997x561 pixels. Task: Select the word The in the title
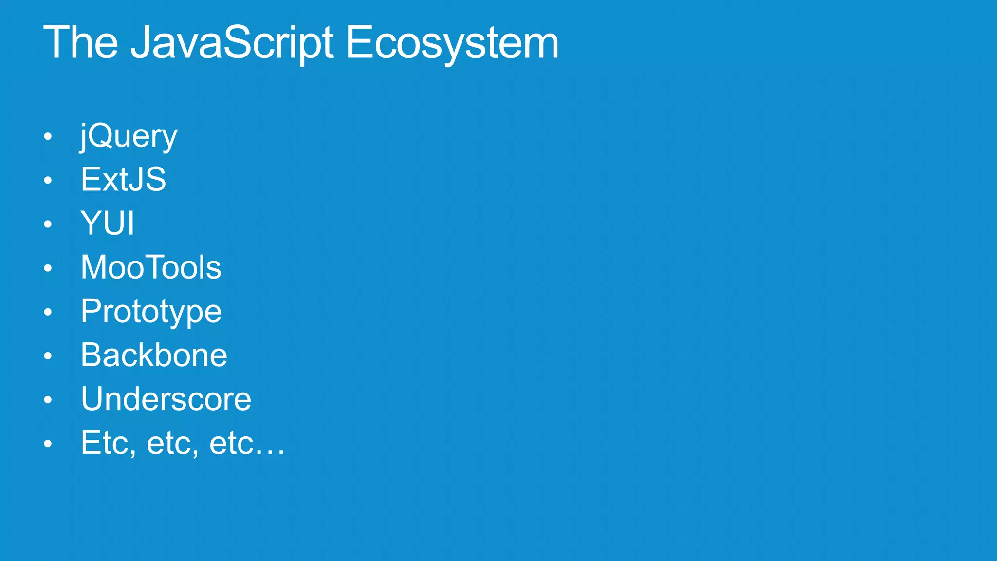tap(81, 43)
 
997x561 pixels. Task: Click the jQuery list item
tap(129, 136)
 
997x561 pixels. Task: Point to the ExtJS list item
tap(123, 179)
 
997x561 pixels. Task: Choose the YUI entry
tap(107, 223)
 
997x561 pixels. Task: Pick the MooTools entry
tap(151, 267)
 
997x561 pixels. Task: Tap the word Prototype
tap(151, 312)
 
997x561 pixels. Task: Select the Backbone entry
tap(154, 355)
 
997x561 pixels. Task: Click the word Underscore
tap(166, 399)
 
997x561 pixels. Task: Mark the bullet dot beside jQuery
tap(47, 137)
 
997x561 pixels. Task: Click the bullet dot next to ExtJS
tap(47, 181)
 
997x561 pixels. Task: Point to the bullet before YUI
tap(47, 224)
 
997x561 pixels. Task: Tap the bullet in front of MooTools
tap(47, 268)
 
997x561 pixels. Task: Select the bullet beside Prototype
tap(47, 312)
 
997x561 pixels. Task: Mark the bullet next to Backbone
tap(47, 356)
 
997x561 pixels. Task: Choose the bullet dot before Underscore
tap(47, 400)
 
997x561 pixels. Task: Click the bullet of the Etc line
tap(47, 444)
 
